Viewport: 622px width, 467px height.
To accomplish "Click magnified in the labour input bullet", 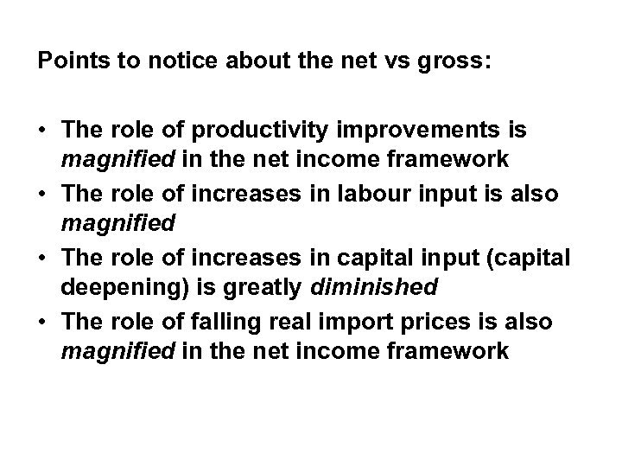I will (117, 224).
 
